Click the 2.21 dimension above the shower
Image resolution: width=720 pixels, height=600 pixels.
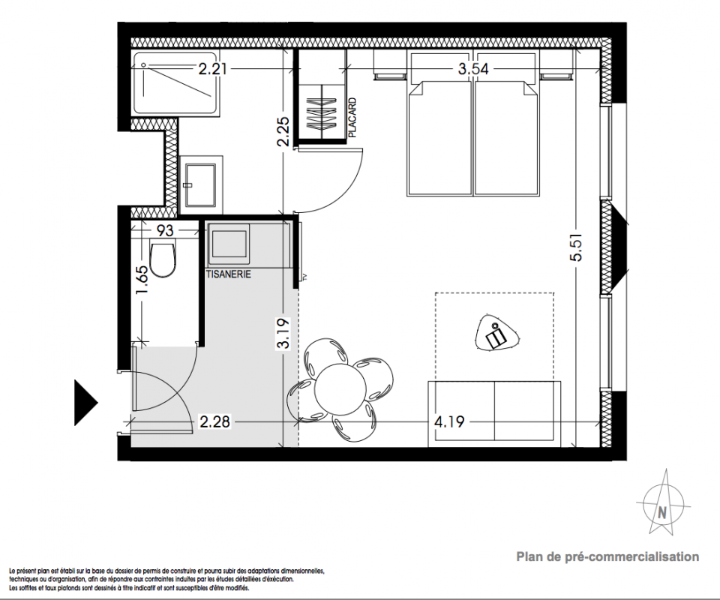point(212,69)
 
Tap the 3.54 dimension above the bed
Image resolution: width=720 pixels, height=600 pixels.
point(473,69)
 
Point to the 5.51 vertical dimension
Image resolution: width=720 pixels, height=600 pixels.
point(576,247)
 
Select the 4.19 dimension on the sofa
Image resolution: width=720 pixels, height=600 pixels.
point(449,421)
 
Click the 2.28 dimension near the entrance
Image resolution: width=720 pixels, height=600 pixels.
point(214,421)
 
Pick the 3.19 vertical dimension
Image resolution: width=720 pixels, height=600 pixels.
point(284,334)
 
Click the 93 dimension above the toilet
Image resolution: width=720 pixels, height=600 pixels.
point(165,229)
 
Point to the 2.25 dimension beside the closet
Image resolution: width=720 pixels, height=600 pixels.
point(283,132)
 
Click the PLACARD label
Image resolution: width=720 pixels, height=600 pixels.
point(352,118)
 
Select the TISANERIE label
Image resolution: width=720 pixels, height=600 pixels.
point(229,274)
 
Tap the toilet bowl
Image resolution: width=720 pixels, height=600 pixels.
point(163,260)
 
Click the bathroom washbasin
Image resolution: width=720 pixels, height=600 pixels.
point(200,184)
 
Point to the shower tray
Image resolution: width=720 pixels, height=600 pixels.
point(175,83)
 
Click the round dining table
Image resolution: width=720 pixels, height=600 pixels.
point(340,388)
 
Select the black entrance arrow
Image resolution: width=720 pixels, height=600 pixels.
point(85,403)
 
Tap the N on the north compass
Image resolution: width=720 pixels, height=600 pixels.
point(661,512)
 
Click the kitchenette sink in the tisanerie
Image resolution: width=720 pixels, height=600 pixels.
point(229,244)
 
